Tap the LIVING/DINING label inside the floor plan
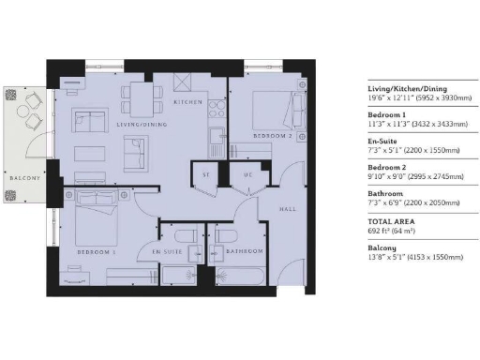pyautogui.click(x=136, y=123)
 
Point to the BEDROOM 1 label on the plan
pyautogui.click(x=97, y=252)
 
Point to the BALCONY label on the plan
pyautogui.click(x=25, y=177)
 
